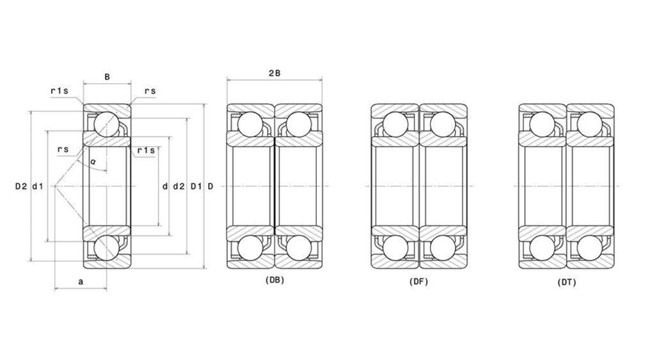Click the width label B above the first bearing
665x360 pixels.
[107, 77]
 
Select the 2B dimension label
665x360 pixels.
[275, 73]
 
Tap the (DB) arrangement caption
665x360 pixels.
[275, 280]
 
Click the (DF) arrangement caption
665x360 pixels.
[419, 281]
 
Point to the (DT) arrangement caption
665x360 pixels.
[567, 282]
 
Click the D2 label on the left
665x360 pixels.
[21, 186]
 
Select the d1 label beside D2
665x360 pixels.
[38, 186]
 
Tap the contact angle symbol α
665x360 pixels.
[93, 162]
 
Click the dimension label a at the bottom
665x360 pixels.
[81, 281]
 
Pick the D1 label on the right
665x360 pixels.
[196, 186]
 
